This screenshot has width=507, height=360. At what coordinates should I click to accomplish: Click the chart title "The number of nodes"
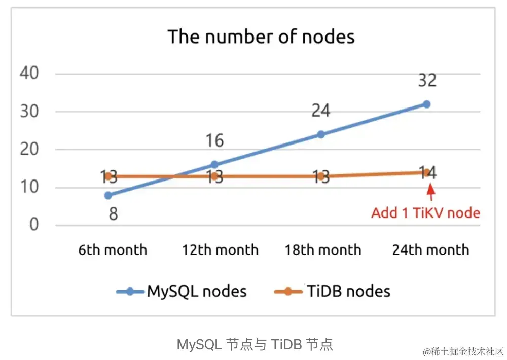point(261,37)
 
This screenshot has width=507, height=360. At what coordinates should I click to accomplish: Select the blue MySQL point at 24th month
point(426,104)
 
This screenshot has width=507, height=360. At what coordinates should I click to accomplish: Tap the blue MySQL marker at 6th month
point(108,195)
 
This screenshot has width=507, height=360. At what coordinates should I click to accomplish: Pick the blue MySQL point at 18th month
point(320,134)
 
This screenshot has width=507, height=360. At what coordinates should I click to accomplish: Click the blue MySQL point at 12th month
point(214,165)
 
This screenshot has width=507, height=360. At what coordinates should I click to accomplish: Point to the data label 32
point(426,80)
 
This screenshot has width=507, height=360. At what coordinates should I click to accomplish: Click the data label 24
point(320,111)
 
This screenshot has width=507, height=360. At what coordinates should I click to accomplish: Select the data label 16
point(214,140)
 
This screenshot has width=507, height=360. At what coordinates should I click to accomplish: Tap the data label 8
point(114,213)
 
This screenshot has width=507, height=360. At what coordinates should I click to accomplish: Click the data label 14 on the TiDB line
point(427,173)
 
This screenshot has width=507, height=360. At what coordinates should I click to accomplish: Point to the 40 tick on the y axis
point(29,74)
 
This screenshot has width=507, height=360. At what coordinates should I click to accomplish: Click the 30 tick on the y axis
point(29,112)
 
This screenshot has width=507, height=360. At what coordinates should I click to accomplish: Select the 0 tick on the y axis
point(34,225)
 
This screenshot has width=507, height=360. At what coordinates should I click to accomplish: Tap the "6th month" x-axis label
point(113,250)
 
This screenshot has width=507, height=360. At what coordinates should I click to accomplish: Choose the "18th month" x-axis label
point(323,250)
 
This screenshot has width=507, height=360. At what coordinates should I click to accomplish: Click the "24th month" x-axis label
point(430,250)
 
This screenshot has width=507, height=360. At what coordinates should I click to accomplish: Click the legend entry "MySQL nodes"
point(197,291)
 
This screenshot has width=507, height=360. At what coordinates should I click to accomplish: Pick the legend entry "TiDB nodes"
point(348,291)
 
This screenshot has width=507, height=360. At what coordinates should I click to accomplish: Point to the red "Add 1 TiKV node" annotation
point(425,212)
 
